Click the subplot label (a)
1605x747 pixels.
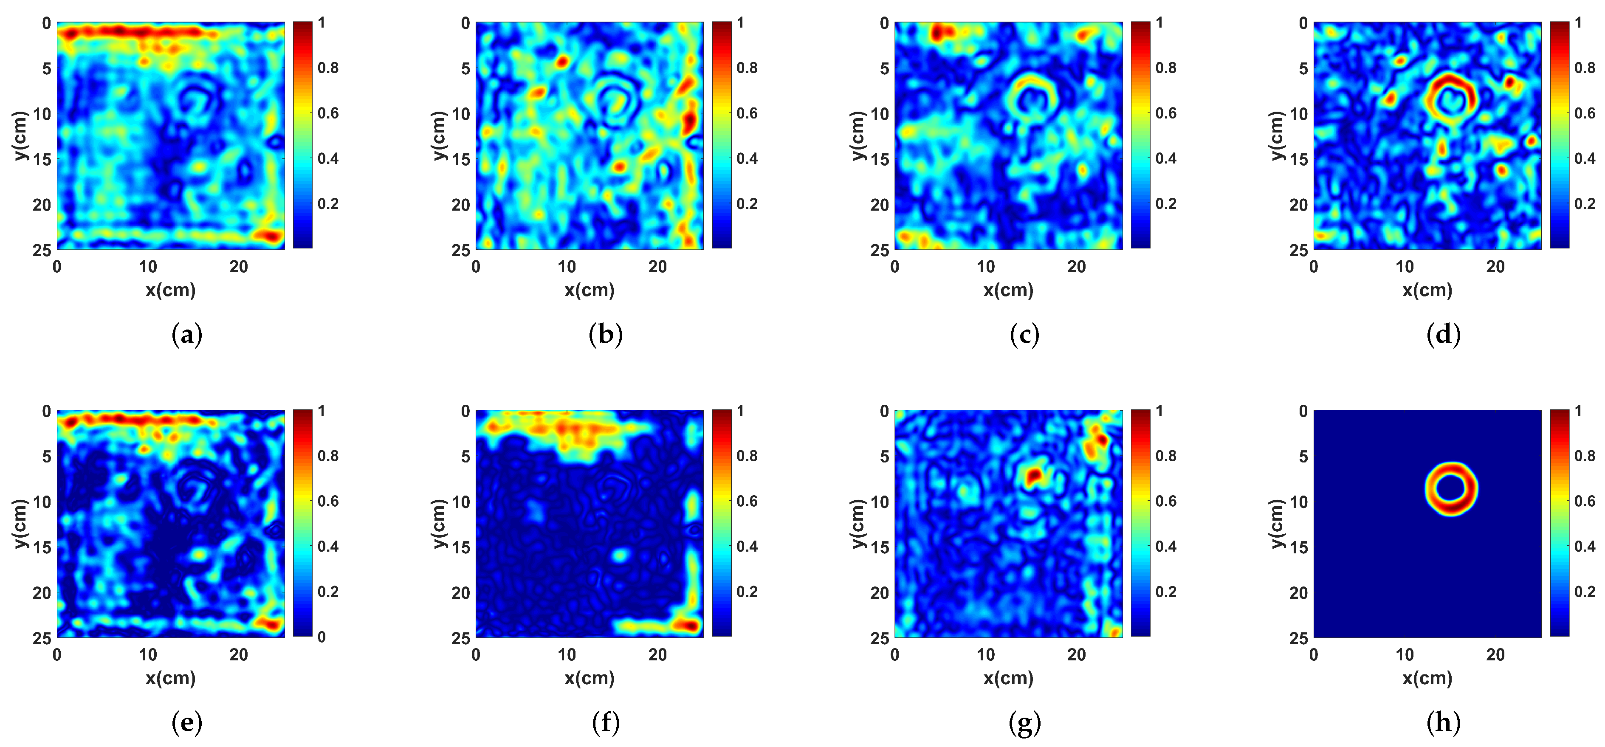(x=186, y=335)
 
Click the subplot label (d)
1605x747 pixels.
(x=1443, y=335)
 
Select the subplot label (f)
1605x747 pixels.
(x=606, y=723)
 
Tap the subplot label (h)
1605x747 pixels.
(x=1443, y=723)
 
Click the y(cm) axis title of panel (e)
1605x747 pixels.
(x=20, y=524)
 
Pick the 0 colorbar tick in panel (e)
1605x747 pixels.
(x=322, y=637)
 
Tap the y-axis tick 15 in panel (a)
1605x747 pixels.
(x=41, y=159)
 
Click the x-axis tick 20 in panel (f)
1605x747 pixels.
(x=657, y=655)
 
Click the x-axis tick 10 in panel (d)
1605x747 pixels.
(x=1405, y=267)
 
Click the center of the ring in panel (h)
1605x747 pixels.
(x=1451, y=488)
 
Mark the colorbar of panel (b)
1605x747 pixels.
(x=722, y=135)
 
